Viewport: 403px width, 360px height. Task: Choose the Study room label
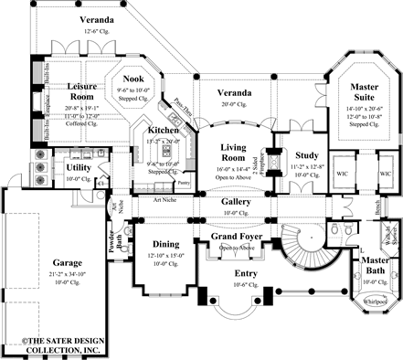[x=306, y=156]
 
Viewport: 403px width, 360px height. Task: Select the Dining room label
[x=166, y=244]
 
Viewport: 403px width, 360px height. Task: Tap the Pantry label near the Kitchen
[x=185, y=185]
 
